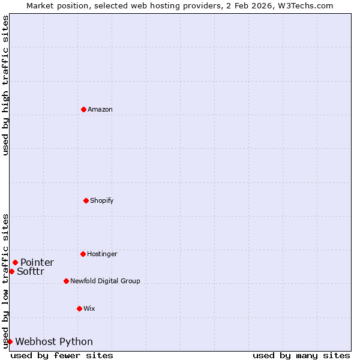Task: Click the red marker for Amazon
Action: pyautogui.click(x=84, y=109)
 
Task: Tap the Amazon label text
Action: pyautogui.click(x=100, y=109)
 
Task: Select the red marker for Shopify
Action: pyautogui.click(x=86, y=200)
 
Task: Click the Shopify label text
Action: pyautogui.click(x=101, y=200)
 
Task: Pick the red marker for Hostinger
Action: pyautogui.click(x=83, y=254)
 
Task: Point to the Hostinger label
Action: pyautogui.click(x=102, y=254)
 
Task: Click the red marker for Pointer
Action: pyautogui.click(x=15, y=262)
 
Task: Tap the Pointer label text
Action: pyautogui.click(x=37, y=262)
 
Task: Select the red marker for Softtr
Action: pyautogui.click(x=11, y=271)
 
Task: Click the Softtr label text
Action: pyautogui.click(x=30, y=271)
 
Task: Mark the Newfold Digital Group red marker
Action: pyautogui.click(x=66, y=281)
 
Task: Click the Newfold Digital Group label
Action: pyautogui.click(x=105, y=281)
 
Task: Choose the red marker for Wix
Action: pyautogui.click(x=79, y=308)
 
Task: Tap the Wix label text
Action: pyautogui.click(x=89, y=308)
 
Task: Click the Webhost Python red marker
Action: pyautogui.click(x=10, y=341)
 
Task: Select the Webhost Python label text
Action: pyautogui.click(x=54, y=341)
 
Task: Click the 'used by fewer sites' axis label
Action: pyautogui.click(x=62, y=355)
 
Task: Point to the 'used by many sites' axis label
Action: pyautogui.click(x=301, y=355)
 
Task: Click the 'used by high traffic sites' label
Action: pyautogui.click(x=5, y=85)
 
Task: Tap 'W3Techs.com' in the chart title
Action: pyautogui.click(x=308, y=5)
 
